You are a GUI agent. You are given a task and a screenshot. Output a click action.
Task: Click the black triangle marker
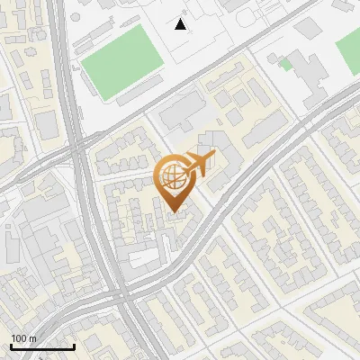181,24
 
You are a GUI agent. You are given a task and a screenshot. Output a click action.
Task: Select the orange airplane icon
201,164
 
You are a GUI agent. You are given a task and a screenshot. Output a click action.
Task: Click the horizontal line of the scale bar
42,346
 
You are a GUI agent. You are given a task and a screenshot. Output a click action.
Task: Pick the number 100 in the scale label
20,338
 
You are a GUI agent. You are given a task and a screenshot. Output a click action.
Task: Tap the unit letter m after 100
33,338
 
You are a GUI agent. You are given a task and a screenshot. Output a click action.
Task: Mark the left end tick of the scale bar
11,345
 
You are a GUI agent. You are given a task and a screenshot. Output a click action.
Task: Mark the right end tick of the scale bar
74,345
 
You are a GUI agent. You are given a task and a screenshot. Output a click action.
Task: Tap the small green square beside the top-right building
285,64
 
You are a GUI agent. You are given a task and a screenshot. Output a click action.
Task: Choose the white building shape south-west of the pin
144,259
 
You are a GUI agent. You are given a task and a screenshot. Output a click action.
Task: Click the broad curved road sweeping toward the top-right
261,162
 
